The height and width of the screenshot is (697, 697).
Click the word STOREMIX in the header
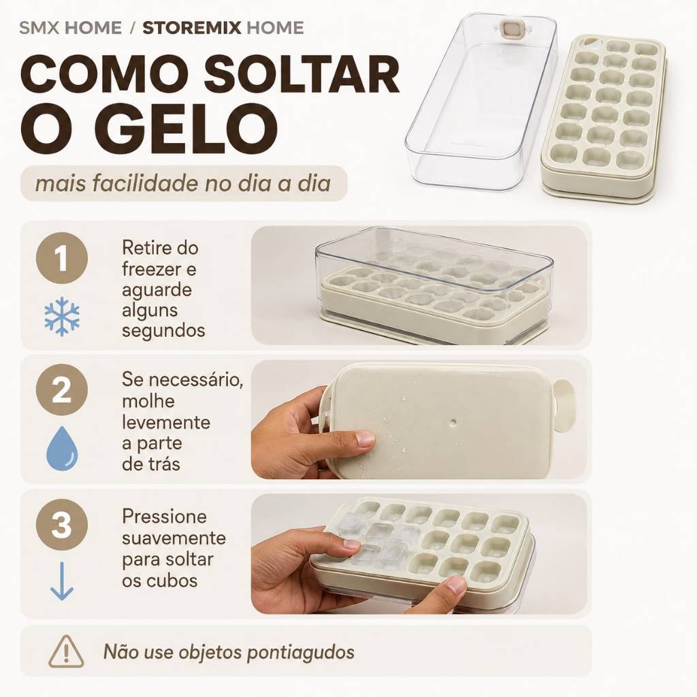[x=191, y=28]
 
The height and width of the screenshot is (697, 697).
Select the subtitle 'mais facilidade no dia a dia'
[x=183, y=184]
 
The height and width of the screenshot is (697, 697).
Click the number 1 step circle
[x=62, y=258]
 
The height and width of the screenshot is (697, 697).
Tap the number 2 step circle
[x=62, y=390]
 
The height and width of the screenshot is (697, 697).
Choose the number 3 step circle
[x=62, y=525]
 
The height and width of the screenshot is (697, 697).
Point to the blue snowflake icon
[x=62, y=316]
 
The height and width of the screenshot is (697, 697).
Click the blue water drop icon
[x=62, y=448]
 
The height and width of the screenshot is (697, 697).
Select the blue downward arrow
[x=62, y=581]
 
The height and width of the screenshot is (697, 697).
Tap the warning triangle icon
[x=66, y=651]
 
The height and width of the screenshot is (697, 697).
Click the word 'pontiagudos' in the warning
[x=300, y=653]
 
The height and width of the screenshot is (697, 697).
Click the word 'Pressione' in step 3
[x=165, y=517]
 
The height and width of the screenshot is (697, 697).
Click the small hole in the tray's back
[x=453, y=421]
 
